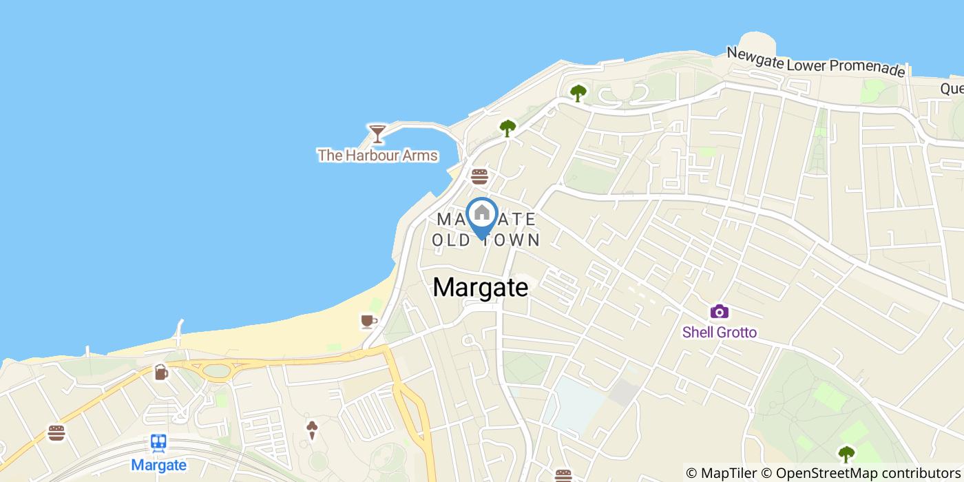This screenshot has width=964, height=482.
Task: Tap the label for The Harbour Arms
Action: click(377, 156)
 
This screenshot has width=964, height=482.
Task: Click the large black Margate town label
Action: click(481, 288)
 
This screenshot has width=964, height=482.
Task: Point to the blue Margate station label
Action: click(158, 465)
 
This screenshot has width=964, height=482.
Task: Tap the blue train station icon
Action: click(158, 443)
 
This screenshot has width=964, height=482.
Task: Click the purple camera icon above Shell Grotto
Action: click(719, 312)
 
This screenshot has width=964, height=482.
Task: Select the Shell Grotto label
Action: click(719, 333)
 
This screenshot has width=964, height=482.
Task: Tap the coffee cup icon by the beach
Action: click(368, 321)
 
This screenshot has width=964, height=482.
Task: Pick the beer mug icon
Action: click(160, 372)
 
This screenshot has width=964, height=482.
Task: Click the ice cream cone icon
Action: click(313, 430)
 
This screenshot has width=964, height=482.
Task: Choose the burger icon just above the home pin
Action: click(479, 176)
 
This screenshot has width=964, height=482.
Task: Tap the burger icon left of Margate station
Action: click(56, 433)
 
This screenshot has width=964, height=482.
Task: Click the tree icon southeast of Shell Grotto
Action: click(846, 454)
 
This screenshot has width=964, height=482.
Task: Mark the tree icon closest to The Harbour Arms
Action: click(507, 127)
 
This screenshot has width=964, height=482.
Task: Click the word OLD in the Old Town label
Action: click(451, 240)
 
